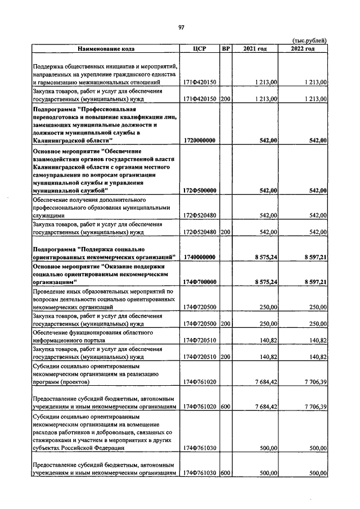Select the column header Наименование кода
click(x=105, y=48)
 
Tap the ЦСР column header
click(x=200, y=48)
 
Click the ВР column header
click(x=226, y=48)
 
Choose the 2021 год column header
click(x=255, y=48)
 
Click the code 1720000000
click(x=199, y=140)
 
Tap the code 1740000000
click(x=199, y=256)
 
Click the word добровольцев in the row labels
click(x=130, y=433)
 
